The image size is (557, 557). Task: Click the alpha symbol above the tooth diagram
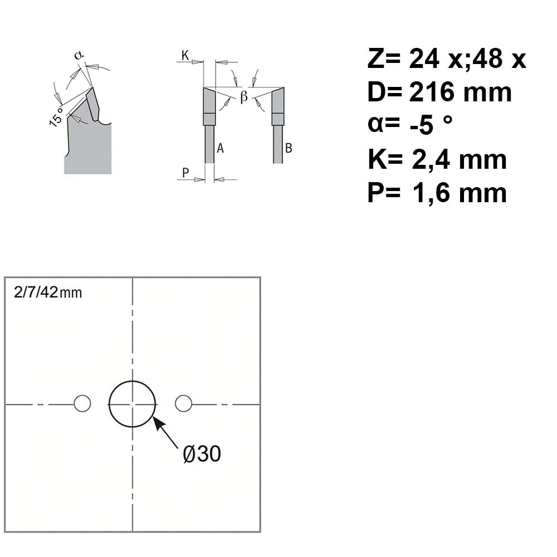pyautogui.click(x=79, y=55)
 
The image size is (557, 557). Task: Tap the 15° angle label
pyautogui.click(x=56, y=117)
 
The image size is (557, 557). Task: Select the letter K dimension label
pyautogui.click(x=185, y=55)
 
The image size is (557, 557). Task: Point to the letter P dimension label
pyautogui.click(x=185, y=173)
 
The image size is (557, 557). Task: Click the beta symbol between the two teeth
pyautogui.click(x=244, y=96)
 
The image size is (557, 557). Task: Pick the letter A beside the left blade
pyautogui.click(x=220, y=148)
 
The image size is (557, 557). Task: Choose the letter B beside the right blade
pyautogui.click(x=289, y=148)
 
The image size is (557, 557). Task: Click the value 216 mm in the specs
pyautogui.click(x=461, y=92)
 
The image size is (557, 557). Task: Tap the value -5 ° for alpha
pyautogui.click(x=431, y=125)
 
